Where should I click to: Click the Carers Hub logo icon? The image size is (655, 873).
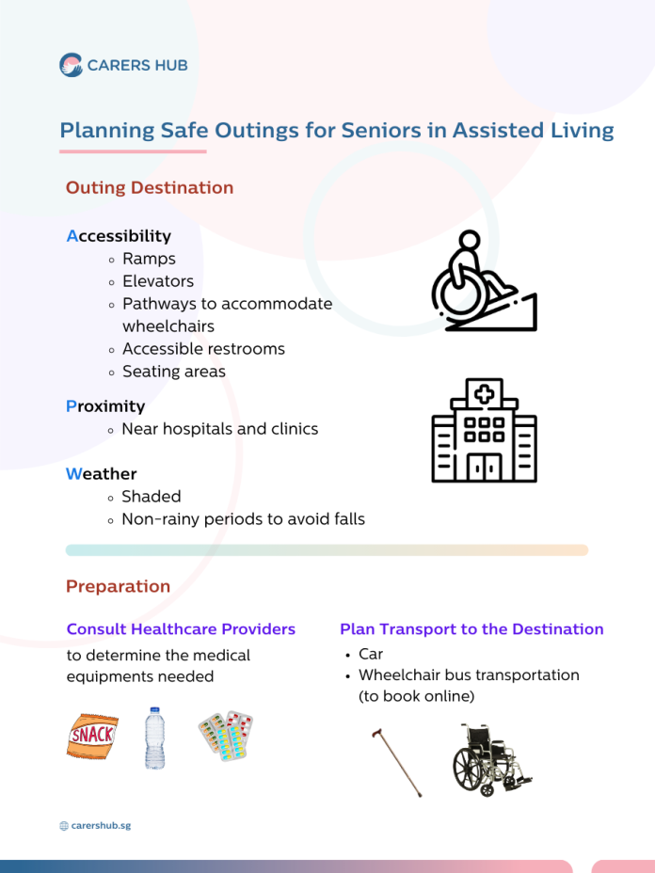coord(71,65)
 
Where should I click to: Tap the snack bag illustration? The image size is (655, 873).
coord(92,736)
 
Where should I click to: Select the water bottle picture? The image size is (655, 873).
coord(155,738)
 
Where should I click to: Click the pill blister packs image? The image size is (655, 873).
coord(226,736)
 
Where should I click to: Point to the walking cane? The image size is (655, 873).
coord(396,762)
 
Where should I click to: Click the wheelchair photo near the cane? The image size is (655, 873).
coord(492,759)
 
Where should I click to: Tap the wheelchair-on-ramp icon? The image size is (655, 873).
coord(484,280)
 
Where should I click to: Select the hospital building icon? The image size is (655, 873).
coord(484,430)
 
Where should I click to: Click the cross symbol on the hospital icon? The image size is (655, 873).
coord(484,394)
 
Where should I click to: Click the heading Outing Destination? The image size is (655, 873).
coord(150,187)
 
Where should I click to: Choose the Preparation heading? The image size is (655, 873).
coord(118,586)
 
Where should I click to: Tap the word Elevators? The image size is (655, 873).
coord(158,281)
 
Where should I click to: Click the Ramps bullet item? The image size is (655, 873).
coord(149,259)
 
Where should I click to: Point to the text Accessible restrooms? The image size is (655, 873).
coord(204,348)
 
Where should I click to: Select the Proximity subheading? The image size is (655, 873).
coord(105,406)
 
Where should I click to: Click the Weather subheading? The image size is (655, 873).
coord(102,474)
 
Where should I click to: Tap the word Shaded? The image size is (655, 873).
coord(152,496)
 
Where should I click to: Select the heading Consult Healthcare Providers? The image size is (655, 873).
coord(181,628)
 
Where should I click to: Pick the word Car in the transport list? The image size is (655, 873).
coord(371,654)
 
